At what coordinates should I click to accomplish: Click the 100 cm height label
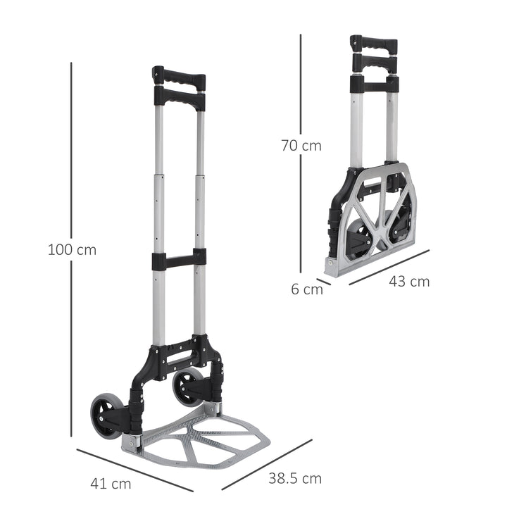[x=72, y=249]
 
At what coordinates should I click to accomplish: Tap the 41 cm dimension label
[x=111, y=484]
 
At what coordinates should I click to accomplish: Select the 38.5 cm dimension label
[x=294, y=479]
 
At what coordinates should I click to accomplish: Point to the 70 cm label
[x=301, y=146]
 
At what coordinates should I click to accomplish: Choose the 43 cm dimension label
[x=409, y=281]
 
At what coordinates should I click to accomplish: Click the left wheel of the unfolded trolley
[x=106, y=413]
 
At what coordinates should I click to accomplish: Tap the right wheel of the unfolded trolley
[x=188, y=386]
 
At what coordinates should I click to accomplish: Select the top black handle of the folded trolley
[x=374, y=44]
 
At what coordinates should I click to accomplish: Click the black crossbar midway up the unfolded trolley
[x=179, y=259]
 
